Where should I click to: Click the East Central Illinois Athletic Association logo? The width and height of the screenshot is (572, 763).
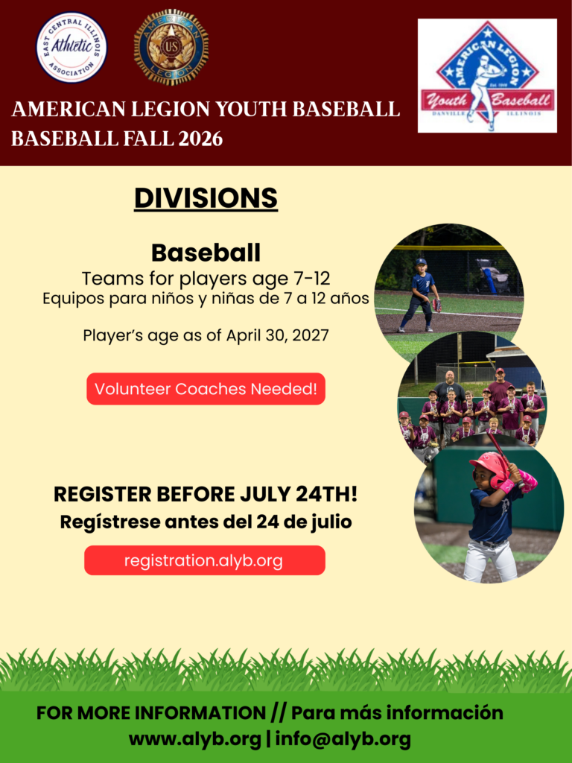[72, 47]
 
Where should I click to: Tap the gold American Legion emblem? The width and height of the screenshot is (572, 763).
[171, 47]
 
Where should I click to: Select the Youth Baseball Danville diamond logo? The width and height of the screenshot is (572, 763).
[487, 75]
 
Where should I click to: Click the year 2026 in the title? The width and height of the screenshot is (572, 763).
[200, 139]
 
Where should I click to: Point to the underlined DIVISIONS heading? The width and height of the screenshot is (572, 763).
[206, 198]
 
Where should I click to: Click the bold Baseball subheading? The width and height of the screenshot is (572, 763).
[206, 253]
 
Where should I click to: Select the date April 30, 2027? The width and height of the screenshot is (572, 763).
[277, 335]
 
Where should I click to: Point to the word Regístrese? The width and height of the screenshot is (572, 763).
[110, 522]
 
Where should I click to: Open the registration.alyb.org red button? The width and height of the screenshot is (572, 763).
[205, 560]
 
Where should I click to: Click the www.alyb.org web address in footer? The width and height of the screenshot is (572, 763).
[194, 740]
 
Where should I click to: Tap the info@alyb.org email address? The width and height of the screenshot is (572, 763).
[343, 740]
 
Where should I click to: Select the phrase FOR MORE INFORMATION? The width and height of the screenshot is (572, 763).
[150, 713]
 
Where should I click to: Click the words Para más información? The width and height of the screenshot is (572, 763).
[397, 713]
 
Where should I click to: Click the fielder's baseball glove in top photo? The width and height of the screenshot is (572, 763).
[436, 305]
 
